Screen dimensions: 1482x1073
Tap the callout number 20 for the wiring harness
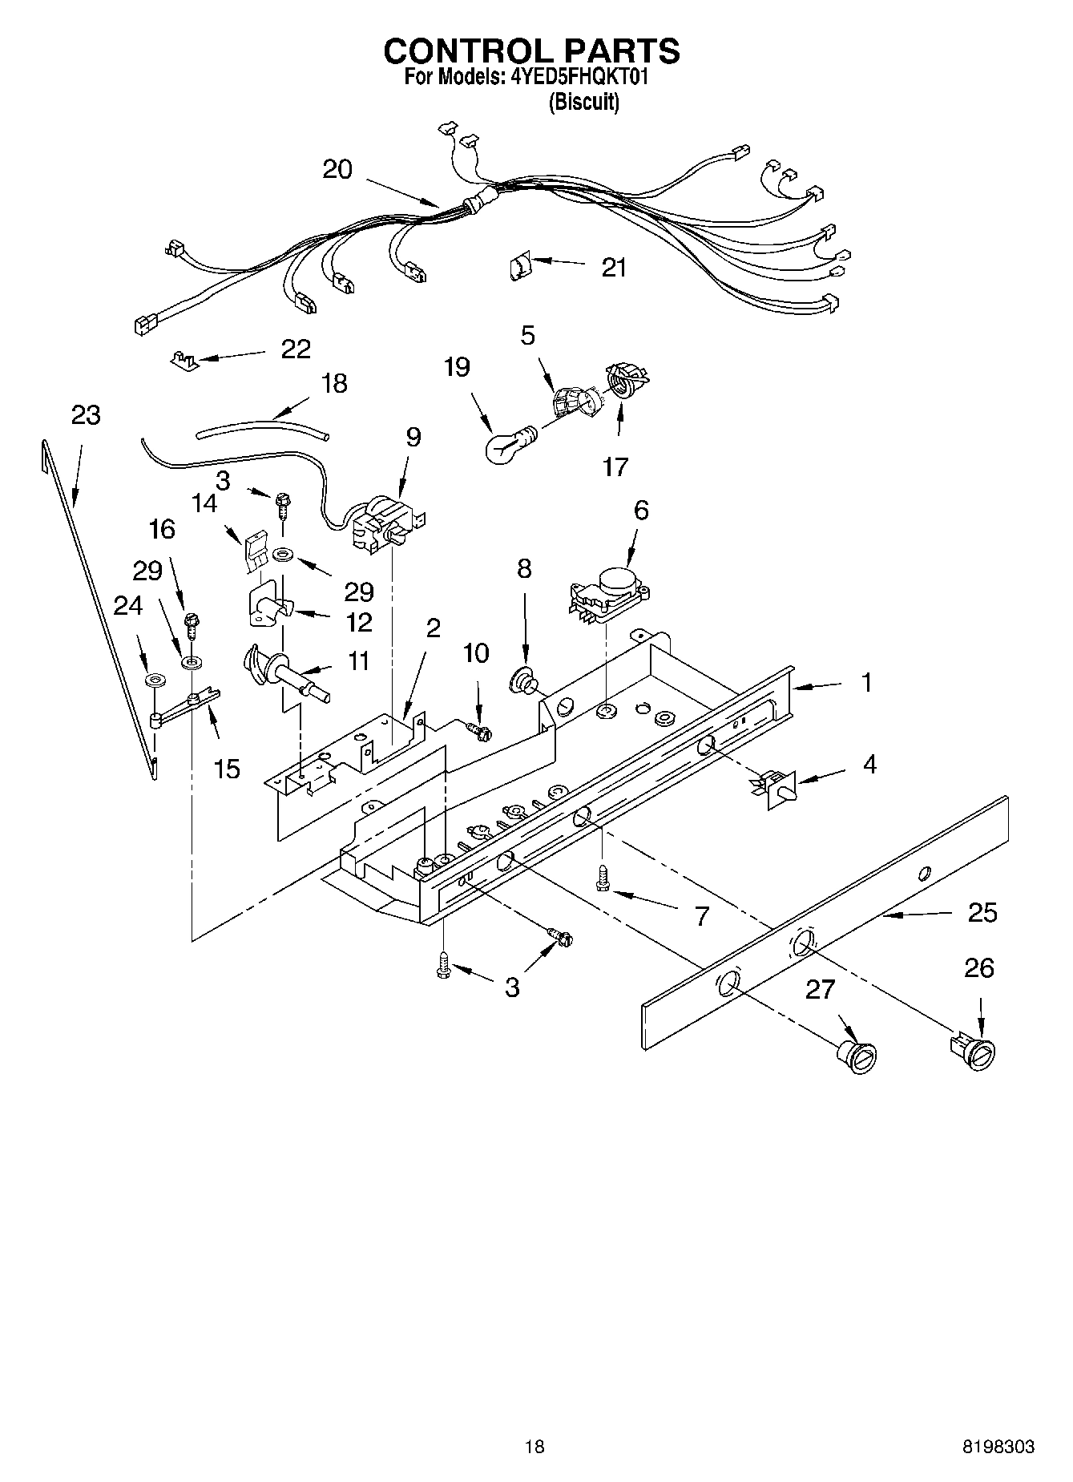point(337,169)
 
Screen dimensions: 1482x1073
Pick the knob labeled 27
point(858,1056)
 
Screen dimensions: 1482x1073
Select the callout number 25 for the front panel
point(982,912)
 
